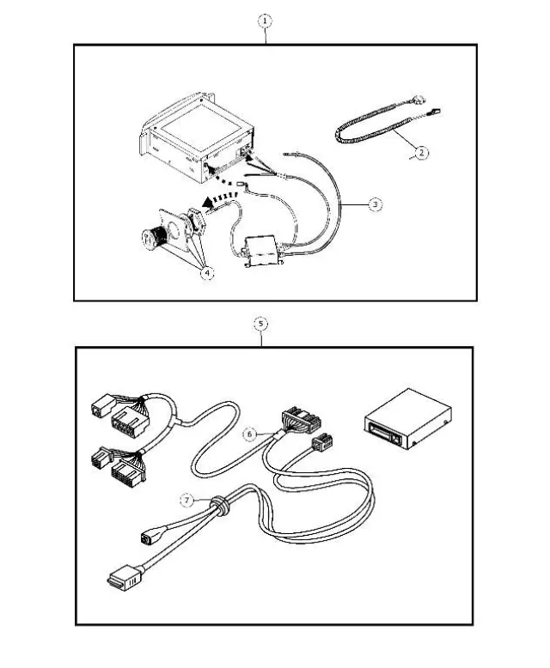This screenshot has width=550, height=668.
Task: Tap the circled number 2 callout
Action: (x=420, y=154)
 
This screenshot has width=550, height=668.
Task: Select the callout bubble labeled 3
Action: (x=375, y=204)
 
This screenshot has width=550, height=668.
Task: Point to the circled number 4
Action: (x=205, y=273)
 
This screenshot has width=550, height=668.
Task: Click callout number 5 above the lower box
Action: (x=261, y=324)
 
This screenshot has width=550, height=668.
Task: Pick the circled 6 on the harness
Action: (x=249, y=434)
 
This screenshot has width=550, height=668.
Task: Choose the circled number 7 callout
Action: (x=184, y=499)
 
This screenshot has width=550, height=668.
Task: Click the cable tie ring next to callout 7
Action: (x=220, y=508)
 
